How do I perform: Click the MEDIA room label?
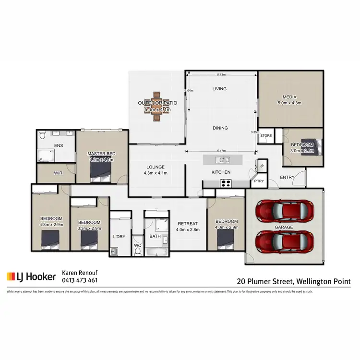tap(289, 96)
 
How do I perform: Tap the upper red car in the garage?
tap(285, 209)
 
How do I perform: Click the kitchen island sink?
tap(222, 160)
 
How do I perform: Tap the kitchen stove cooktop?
tap(225, 183)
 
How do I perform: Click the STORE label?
tap(266, 136)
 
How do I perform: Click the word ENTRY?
tap(287, 178)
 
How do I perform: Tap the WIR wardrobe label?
tap(58, 173)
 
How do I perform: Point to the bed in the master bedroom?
tap(102, 170)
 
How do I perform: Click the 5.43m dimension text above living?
tap(221, 75)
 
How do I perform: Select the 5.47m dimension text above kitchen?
tap(221, 151)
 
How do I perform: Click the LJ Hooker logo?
tap(31, 277)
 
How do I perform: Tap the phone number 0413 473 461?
tap(80, 280)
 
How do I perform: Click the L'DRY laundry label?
tap(119, 237)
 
